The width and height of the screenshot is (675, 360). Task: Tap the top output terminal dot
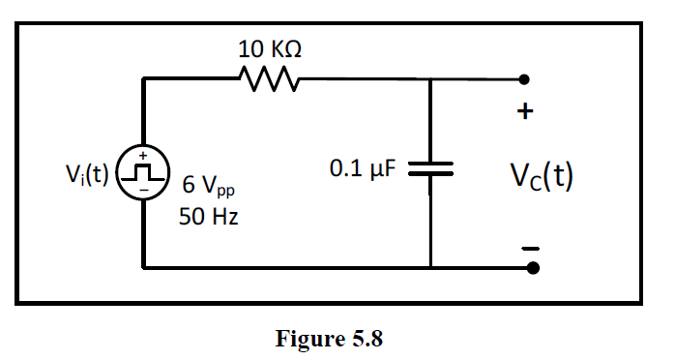(x=524, y=79)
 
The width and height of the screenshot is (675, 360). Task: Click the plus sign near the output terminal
(x=525, y=111)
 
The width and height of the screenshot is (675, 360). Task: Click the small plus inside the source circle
(x=143, y=156)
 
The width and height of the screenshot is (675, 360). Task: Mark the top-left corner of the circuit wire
(x=143, y=79)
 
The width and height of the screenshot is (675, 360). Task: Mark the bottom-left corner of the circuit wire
(x=143, y=266)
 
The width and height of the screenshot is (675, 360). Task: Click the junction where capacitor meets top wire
(x=430, y=79)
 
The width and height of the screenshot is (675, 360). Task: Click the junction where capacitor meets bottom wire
(x=430, y=266)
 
